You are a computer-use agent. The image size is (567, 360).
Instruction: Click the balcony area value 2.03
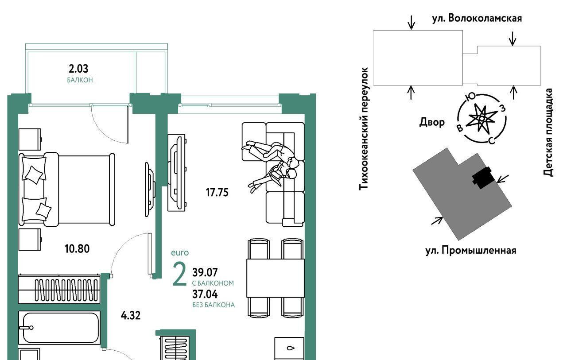[78, 69]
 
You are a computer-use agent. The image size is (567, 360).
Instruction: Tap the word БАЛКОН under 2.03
[80, 80]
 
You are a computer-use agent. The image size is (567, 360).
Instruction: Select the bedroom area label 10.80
[77, 249]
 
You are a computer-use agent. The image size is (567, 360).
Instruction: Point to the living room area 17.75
[217, 192]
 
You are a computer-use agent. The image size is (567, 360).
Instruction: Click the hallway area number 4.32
[131, 315]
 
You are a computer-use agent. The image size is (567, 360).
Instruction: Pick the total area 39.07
[205, 272]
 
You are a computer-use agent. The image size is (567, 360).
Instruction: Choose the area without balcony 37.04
[205, 294]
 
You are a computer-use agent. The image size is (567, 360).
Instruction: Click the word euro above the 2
[180, 253]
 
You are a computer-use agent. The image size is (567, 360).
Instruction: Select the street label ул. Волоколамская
[477, 18]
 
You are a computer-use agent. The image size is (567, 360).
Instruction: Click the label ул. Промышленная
[470, 250]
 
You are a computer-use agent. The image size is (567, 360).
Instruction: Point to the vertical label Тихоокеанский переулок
[364, 128]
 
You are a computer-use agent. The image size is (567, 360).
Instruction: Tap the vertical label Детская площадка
[548, 132]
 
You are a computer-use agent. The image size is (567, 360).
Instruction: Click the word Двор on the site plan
[432, 122]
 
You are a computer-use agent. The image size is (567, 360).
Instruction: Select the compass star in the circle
[482, 118]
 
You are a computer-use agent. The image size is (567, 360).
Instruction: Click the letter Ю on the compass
[470, 97]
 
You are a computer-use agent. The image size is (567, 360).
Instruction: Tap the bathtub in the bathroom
[60, 328]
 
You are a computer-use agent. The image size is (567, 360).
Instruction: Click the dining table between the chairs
[276, 278]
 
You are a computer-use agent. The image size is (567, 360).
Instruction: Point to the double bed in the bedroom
[67, 189]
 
